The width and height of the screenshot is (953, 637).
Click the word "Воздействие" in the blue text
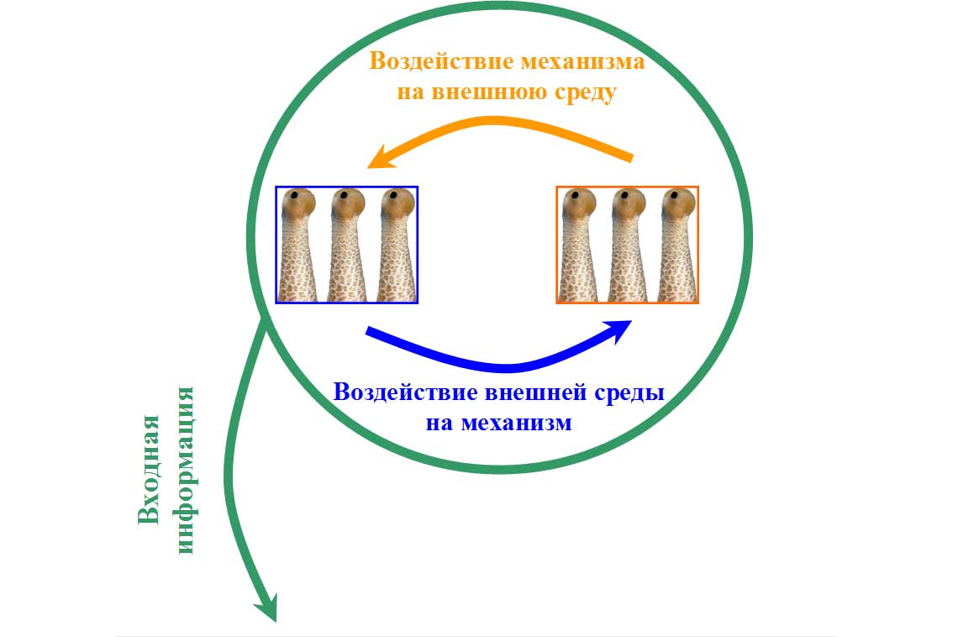(x=404, y=392)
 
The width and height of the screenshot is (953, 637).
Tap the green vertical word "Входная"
(x=150, y=469)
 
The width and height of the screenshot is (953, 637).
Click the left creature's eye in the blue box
(x=294, y=197)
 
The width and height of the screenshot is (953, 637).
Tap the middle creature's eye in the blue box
(x=344, y=197)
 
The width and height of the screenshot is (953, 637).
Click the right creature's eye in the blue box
(x=393, y=197)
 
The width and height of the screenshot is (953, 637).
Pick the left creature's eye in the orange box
(x=575, y=197)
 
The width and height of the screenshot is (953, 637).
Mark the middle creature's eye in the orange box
(x=624, y=197)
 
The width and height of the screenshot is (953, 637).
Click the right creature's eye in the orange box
(x=674, y=197)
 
